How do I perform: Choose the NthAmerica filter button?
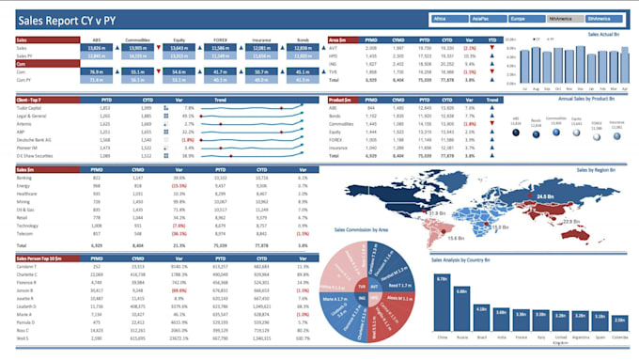[562, 18]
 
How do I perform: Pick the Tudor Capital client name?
[30, 108]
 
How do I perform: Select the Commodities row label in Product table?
[342, 123]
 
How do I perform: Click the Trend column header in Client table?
[221, 99]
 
